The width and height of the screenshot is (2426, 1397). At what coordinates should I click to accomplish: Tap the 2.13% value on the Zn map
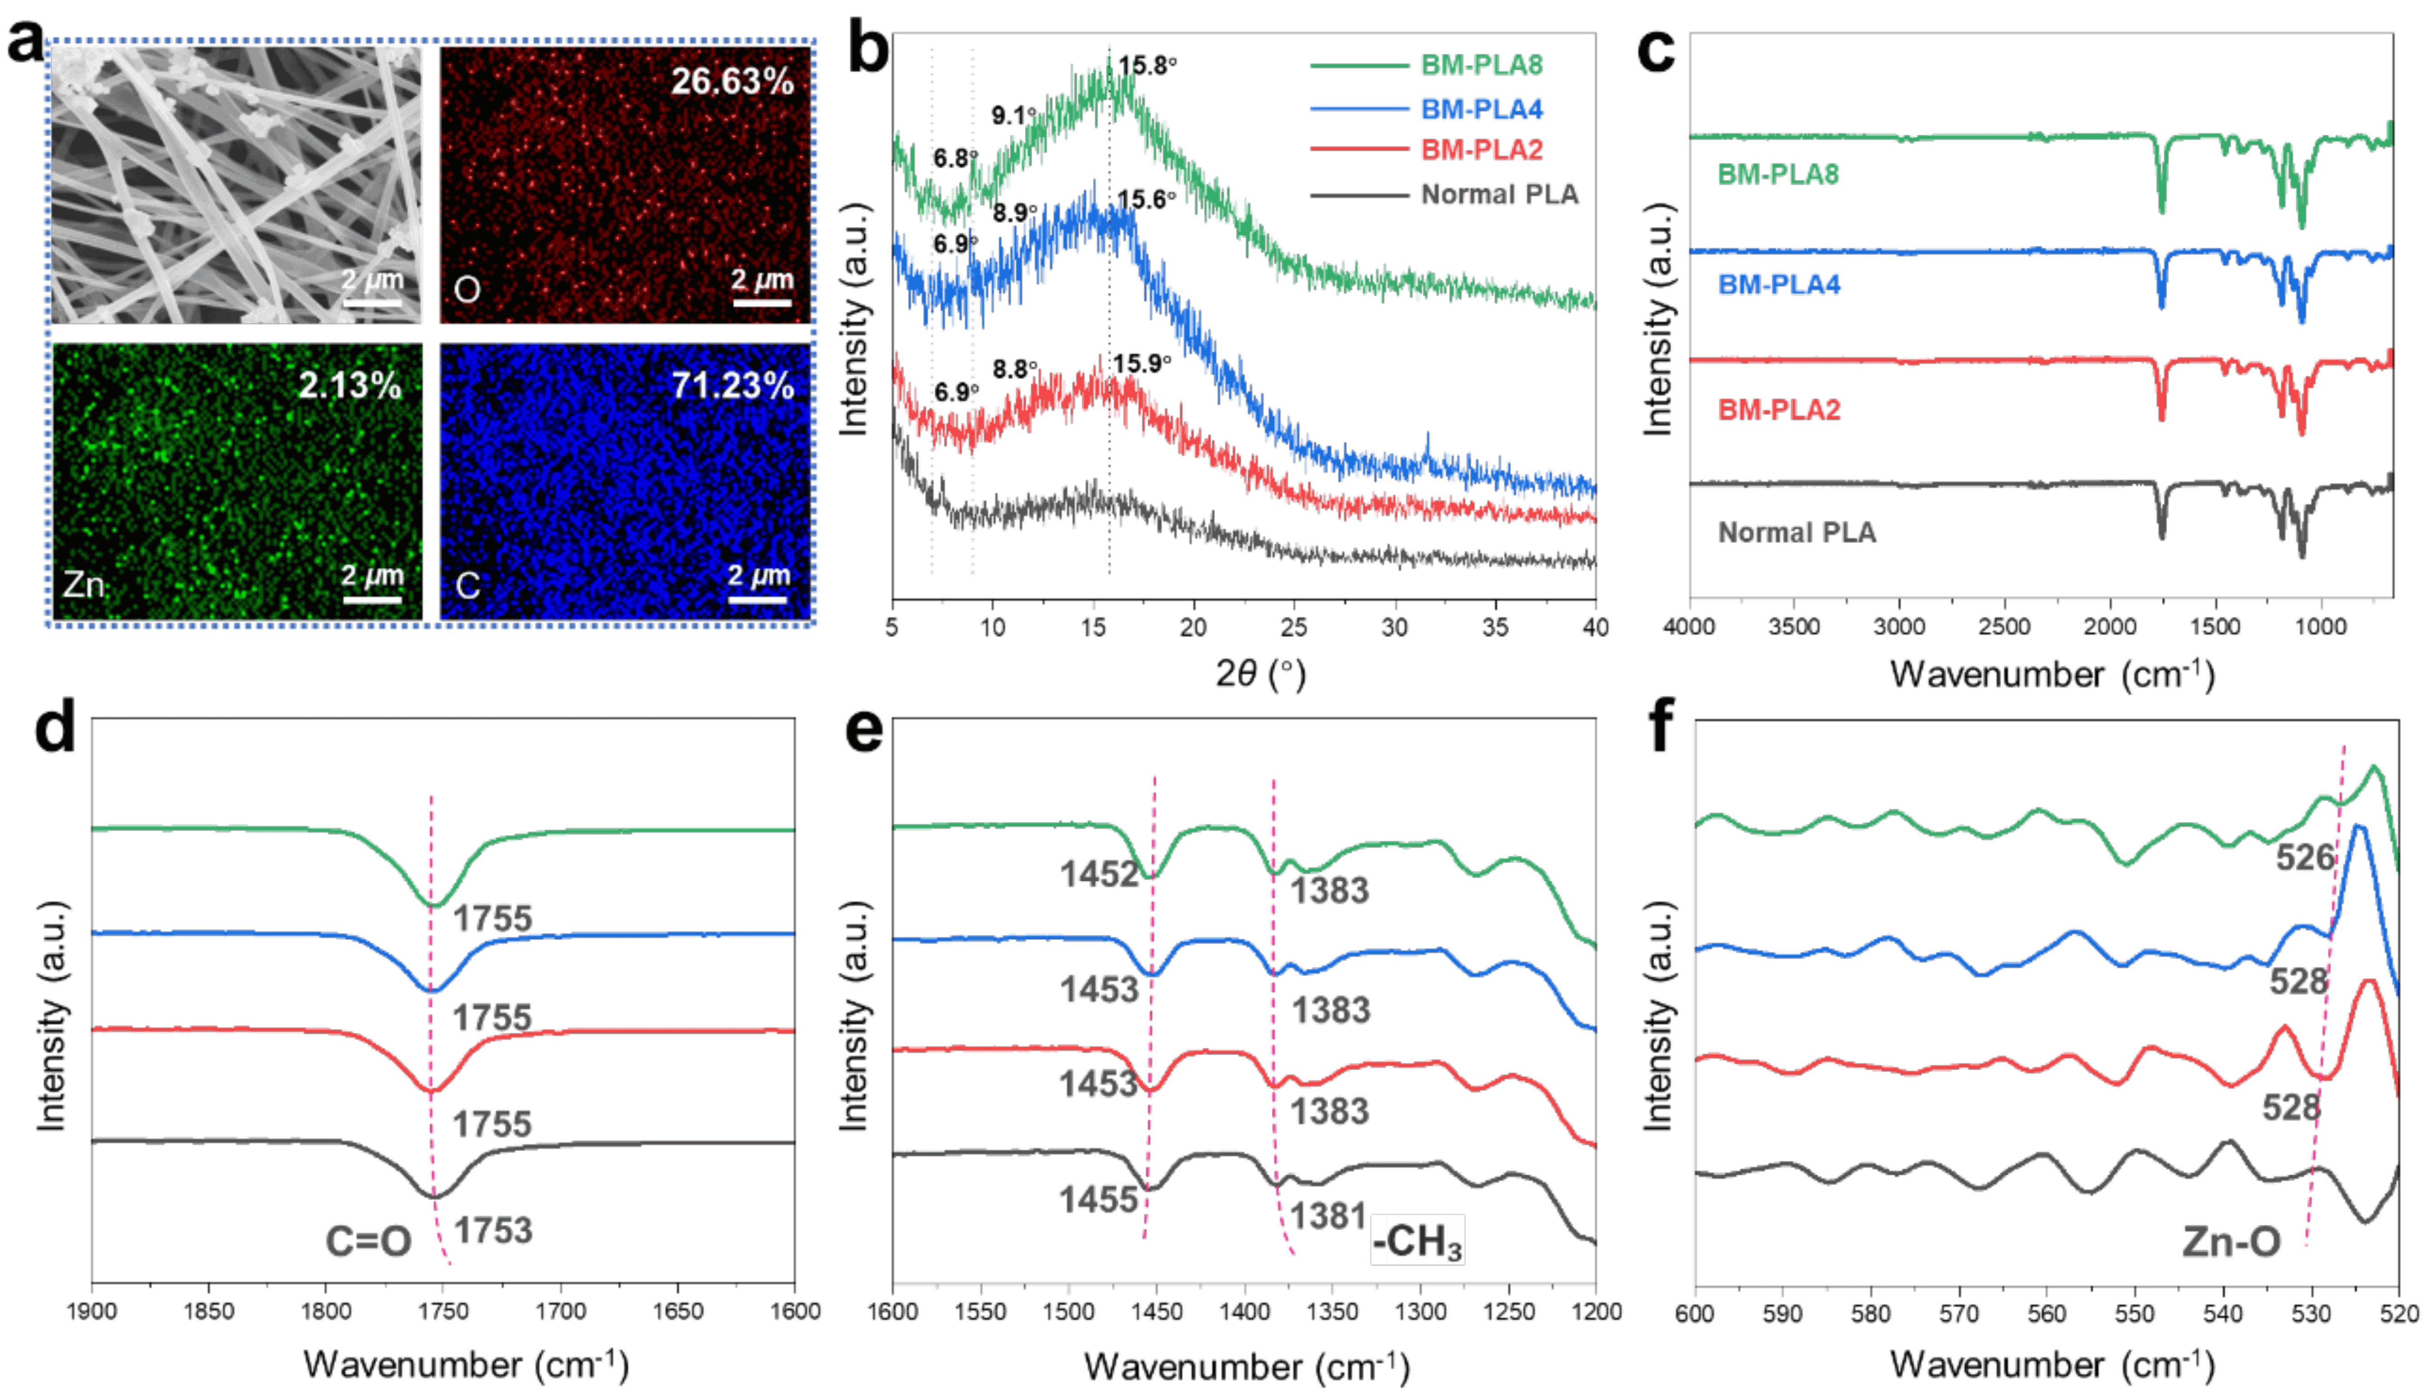349,386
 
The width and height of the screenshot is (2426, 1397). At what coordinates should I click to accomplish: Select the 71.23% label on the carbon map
732,386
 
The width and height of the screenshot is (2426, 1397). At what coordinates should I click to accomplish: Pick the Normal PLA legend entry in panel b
1499,195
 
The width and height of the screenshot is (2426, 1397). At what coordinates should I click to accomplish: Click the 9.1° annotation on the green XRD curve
1013,116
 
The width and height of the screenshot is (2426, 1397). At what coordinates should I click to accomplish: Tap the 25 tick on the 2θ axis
1294,628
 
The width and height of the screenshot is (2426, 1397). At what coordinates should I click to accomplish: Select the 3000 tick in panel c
1899,628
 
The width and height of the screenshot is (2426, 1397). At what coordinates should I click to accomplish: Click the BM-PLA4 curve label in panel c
1778,285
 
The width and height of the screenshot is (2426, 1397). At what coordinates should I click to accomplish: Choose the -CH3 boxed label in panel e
1418,1242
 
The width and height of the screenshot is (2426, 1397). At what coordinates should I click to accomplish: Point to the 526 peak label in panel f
2305,857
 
